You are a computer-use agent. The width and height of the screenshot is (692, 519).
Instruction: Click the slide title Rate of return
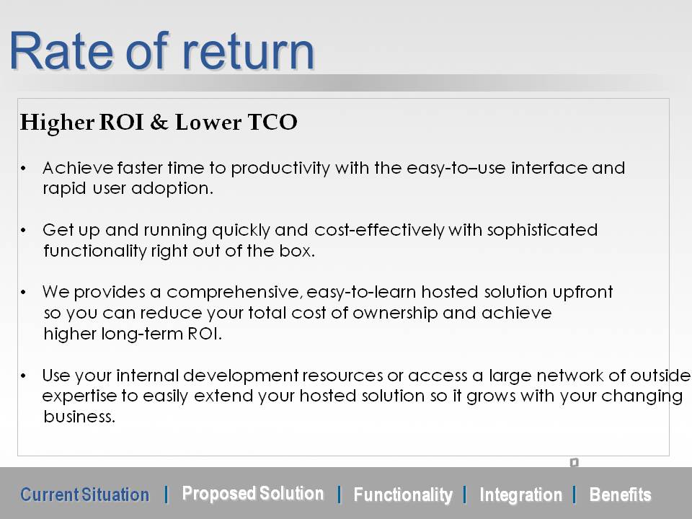161,51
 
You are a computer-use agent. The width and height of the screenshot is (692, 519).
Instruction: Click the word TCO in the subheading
272,122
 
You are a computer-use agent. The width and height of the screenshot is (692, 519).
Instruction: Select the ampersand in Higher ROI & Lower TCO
159,123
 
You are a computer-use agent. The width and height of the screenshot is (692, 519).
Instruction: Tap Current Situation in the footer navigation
85,494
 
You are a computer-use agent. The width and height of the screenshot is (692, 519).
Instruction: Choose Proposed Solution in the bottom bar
253,493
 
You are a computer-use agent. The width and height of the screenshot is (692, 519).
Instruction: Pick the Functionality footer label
403,494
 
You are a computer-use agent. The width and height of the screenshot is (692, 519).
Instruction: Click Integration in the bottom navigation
520,494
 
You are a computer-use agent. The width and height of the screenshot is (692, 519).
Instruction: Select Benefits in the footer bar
620,494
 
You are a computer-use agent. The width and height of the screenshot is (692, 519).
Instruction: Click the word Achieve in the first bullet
78,168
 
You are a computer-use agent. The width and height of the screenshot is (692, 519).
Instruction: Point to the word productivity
280,169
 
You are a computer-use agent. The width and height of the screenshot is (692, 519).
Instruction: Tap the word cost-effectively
380,230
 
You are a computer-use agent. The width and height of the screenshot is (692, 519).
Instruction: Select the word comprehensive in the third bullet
234,292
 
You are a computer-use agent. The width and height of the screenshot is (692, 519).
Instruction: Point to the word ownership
395,313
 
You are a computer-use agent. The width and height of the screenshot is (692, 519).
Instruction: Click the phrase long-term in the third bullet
142,334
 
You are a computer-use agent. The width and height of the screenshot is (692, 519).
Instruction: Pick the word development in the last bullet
241,376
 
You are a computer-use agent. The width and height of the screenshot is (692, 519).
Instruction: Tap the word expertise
79,396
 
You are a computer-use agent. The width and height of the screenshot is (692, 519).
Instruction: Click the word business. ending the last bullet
79,416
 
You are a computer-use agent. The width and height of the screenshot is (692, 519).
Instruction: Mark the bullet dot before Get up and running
23,231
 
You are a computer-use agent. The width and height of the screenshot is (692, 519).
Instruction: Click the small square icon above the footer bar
574,462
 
